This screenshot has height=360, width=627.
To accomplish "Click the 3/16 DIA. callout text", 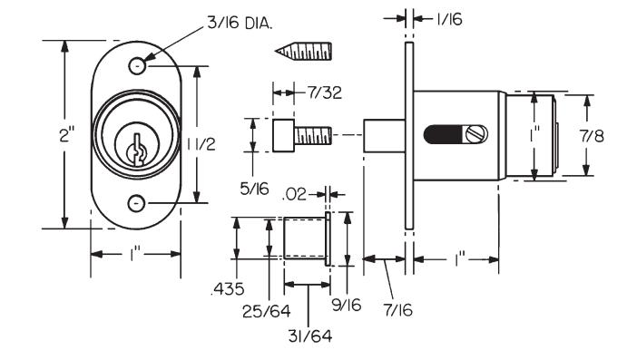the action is [240, 24].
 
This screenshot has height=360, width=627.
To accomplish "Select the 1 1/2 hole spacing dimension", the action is [201, 144].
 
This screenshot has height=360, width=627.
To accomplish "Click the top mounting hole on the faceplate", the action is [137, 65].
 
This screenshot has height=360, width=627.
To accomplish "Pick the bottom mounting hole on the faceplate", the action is [136, 203].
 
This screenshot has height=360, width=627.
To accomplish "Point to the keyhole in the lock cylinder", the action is [137, 151].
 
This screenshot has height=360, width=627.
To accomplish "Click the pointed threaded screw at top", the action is [303, 51].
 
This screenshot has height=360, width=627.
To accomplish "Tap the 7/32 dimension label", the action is [324, 92].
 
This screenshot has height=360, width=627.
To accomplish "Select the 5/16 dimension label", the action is [254, 189].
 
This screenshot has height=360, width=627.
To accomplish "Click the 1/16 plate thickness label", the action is [449, 19].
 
